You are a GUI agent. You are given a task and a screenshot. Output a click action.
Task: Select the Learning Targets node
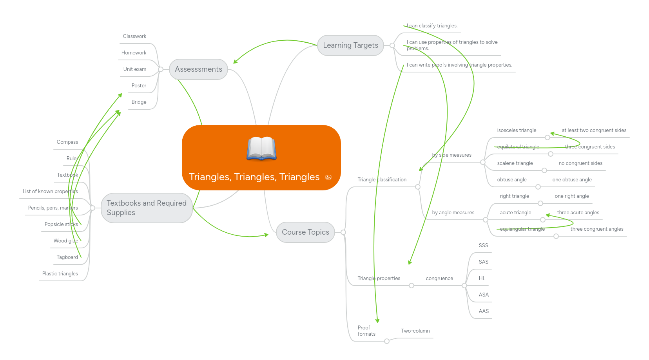tap(350, 45)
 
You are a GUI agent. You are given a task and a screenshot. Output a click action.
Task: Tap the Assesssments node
tap(198, 69)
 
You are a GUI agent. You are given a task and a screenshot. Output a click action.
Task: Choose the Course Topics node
tap(305, 232)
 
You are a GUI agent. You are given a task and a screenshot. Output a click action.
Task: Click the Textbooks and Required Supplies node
tap(147, 208)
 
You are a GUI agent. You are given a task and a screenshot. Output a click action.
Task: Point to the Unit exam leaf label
tap(135, 69)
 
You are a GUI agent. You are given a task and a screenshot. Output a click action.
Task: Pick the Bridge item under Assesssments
tap(139, 102)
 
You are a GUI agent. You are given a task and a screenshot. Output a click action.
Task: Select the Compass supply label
tap(67, 142)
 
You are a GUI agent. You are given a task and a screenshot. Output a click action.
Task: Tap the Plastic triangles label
tap(60, 274)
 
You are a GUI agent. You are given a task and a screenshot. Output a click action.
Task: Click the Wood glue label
tap(66, 241)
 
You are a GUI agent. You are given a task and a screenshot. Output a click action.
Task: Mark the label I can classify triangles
tap(432, 26)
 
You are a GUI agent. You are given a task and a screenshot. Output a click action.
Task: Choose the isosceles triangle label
tap(517, 130)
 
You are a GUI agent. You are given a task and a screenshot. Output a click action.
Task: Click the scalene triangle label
tap(515, 163)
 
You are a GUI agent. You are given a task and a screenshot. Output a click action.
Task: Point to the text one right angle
tap(571, 196)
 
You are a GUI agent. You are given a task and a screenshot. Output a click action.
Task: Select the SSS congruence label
tap(483, 246)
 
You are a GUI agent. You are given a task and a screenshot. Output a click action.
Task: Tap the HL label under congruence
tap(482, 279)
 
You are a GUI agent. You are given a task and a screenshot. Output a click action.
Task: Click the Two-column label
tap(415, 331)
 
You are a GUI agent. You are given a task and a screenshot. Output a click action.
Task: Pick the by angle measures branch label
tap(453, 213)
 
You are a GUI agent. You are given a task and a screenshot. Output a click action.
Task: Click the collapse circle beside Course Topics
tap(343, 232)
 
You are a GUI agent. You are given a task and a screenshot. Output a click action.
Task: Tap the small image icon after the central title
tap(328, 177)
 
